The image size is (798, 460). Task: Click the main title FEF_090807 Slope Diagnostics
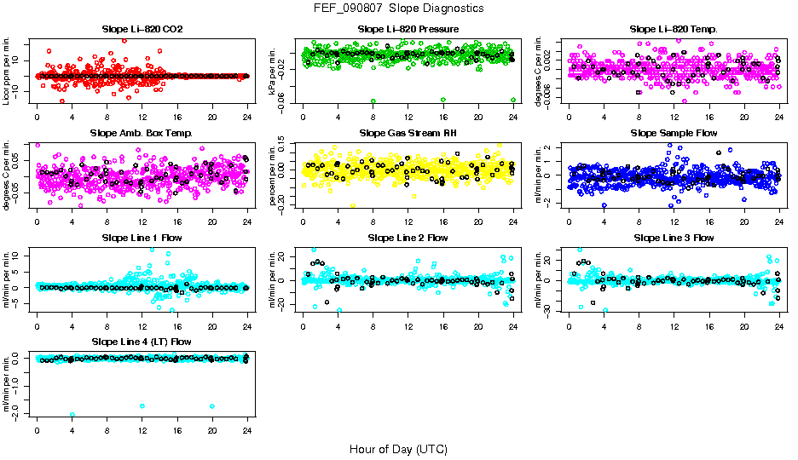coord(398,8)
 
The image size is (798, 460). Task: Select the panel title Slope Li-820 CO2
coord(142,30)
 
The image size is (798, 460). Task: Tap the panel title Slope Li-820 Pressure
coord(408,30)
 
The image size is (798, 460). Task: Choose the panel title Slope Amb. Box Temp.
coord(142,134)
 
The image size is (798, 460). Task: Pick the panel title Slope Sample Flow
coord(674,134)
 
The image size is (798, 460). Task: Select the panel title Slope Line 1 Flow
coord(142,238)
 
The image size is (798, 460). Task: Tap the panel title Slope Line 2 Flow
coord(408,238)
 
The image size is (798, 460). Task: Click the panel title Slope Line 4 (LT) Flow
coord(142,342)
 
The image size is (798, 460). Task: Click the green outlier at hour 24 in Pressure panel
coord(513,100)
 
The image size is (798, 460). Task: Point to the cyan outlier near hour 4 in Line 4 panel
coord(72,414)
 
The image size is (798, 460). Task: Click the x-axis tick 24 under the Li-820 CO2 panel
coord(247,117)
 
